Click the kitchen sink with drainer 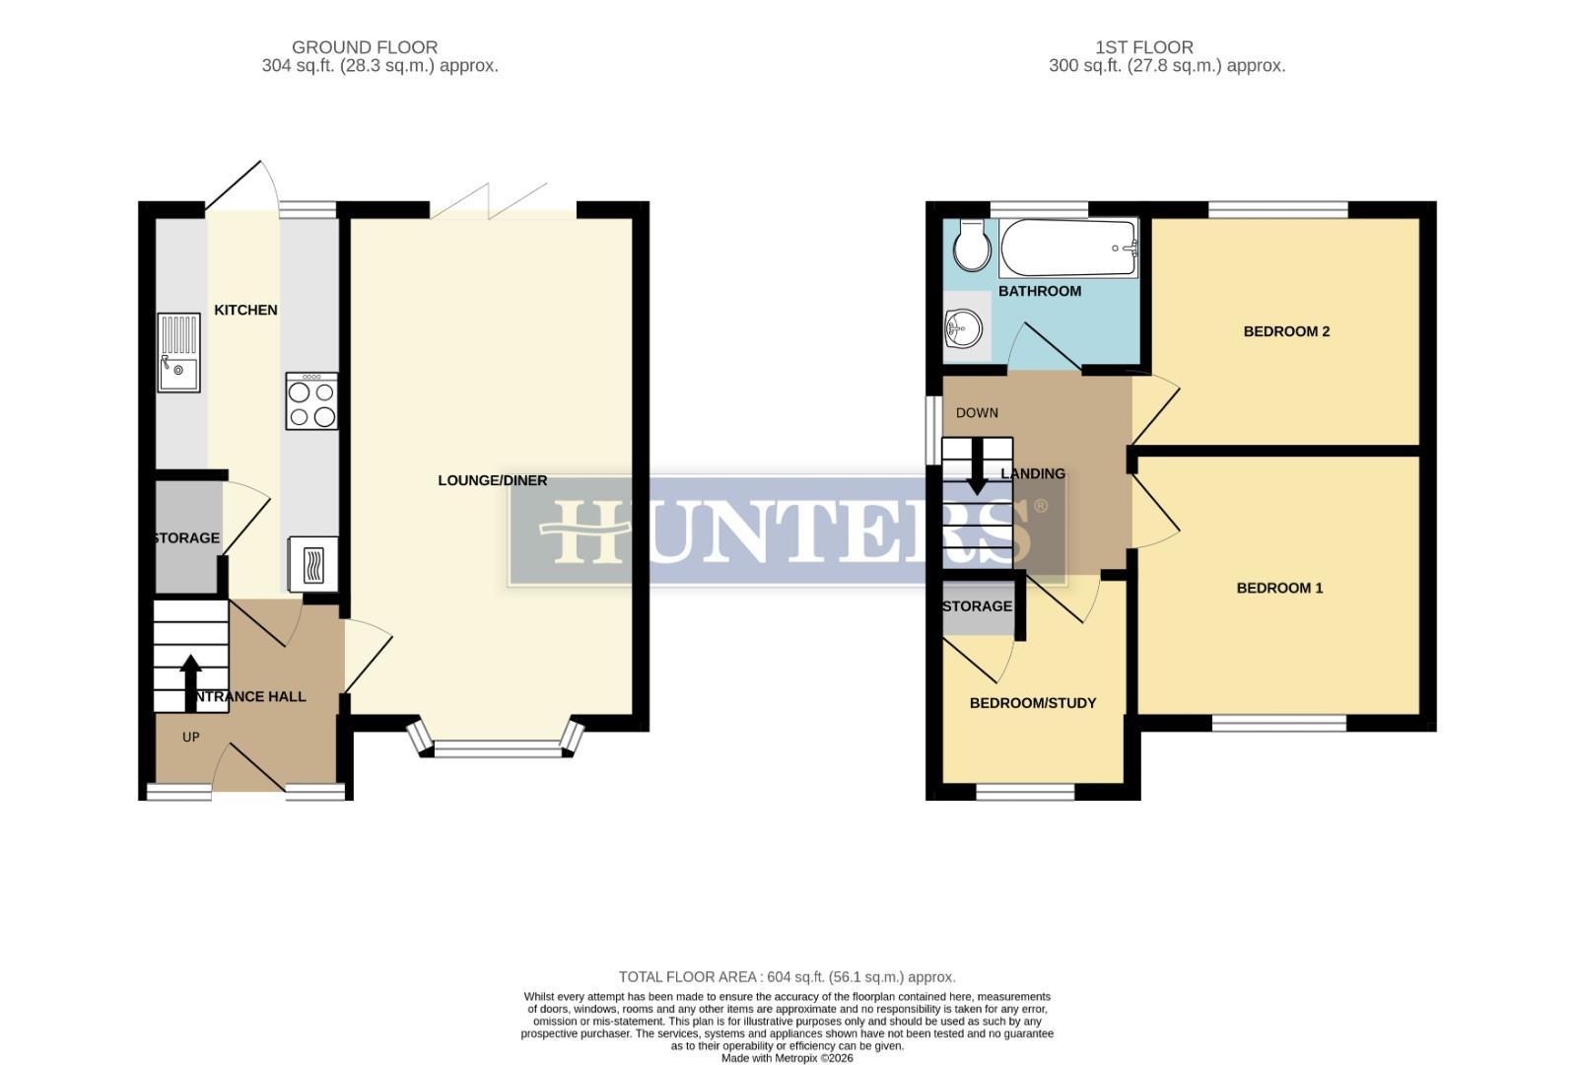pos(178,352)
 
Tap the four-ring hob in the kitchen pos(311,401)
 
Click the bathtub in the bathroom pos(1069,248)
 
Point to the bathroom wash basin pos(964,328)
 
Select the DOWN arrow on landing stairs pos(977,467)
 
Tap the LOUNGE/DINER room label pos(493,480)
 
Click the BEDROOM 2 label pos(1286,331)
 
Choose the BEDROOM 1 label pos(1279,588)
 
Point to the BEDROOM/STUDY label pos(1033,703)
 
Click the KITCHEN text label pos(245,310)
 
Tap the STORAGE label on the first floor pos(977,606)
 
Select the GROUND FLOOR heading pos(365,46)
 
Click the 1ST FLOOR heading pos(1143,46)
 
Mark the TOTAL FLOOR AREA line pos(787,977)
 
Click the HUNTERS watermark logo pos(787,531)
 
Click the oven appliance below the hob pos(312,564)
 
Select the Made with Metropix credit pos(787,1058)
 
